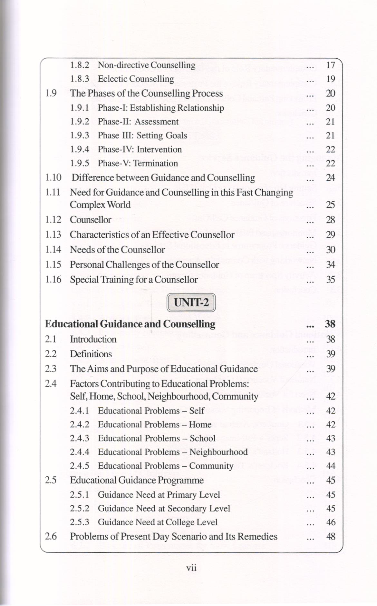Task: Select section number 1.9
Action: pyautogui.click(x=51, y=94)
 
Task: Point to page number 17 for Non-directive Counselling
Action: pyautogui.click(x=331, y=65)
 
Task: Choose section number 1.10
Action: pyautogui.click(x=53, y=178)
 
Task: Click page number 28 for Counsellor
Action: pyautogui.click(x=331, y=220)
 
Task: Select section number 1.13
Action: pyautogui.click(x=53, y=235)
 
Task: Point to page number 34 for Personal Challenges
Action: pyautogui.click(x=331, y=265)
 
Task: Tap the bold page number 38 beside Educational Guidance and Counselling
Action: pyautogui.click(x=330, y=324)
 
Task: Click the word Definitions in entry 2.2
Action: pyautogui.click(x=91, y=354)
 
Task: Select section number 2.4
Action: pyautogui.click(x=51, y=384)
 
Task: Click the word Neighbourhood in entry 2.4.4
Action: pyautogui.click(x=218, y=452)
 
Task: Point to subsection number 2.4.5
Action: pyautogui.click(x=80, y=466)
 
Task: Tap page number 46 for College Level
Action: pyautogui.click(x=331, y=522)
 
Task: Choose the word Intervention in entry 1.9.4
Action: pyautogui.click(x=159, y=149)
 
